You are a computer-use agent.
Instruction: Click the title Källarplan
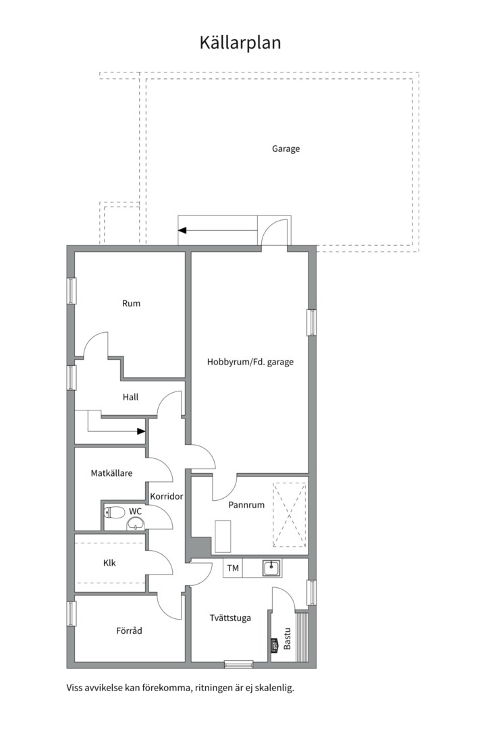(x=240, y=43)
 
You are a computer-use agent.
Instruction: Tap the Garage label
(x=286, y=148)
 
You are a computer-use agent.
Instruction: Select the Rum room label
(x=131, y=304)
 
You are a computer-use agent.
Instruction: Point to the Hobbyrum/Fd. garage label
(x=250, y=362)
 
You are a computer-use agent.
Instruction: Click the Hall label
(x=131, y=397)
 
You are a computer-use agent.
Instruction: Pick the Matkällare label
(x=111, y=473)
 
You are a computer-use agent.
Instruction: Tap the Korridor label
(x=167, y=497)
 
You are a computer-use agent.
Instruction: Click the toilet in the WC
(x=115, y=513)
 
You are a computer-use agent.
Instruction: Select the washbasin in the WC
(x=136, y=524)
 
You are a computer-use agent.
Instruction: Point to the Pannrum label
(x=246, y=505)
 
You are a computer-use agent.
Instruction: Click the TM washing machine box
(x=233, y=568)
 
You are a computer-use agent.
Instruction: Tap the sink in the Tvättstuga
(x=271, y=568)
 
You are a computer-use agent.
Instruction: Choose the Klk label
(x=109, y=563)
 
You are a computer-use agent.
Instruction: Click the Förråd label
(x=130, y=631)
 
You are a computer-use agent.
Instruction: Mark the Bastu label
(x=288, y=639)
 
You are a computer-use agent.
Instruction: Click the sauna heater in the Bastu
(x=275, y=645)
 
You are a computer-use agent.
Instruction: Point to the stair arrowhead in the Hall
(x=141, y=431)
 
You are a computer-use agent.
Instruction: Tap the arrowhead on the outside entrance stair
(x=182, y=230)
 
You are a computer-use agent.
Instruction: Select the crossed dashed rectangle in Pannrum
(x=290, y=515)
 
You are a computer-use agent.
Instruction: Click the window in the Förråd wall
(x=71, y=614)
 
